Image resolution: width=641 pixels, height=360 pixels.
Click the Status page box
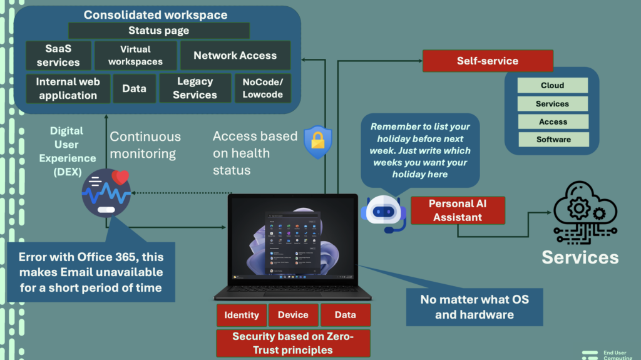point(159,31)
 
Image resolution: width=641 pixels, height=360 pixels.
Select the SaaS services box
point(58,55)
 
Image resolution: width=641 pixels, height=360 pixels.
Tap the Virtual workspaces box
point(136,55)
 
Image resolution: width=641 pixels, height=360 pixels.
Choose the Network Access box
point(235,55)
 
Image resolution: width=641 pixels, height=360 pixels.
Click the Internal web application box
point(68,88)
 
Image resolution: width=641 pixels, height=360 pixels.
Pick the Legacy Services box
point(195,88)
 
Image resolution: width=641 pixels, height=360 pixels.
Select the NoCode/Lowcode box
point(263,88)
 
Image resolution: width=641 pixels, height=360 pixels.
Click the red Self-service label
point(488,61)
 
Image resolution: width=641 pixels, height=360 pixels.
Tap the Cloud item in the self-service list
point(552,85)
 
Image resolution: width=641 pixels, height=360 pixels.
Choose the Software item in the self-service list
point(552,139)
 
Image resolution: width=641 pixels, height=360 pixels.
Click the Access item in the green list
point(552,121)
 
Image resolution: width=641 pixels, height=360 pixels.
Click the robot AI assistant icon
point(384,213)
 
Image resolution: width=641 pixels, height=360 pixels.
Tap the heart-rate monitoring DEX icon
point(106,193)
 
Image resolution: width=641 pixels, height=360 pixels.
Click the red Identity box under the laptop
point(242,315)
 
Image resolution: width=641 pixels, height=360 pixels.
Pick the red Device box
point(293,315)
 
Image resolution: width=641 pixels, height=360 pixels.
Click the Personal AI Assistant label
point(457,210)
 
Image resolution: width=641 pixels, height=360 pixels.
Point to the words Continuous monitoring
point(145,145)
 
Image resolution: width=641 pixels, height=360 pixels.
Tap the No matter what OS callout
point(474,307)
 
